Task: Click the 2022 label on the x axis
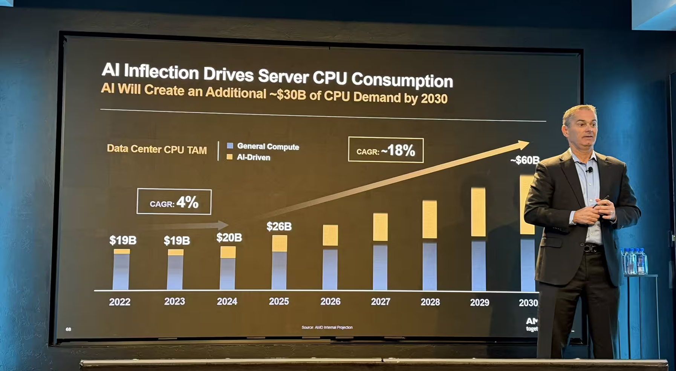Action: (120, 302)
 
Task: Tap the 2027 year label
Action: (381, 302)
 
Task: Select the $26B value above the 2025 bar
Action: (279, 227)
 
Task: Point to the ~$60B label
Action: (525, 160)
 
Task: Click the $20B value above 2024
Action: (229, 238)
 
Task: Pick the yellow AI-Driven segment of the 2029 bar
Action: (478, 212)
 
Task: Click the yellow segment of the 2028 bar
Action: (430, 219)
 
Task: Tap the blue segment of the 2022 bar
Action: (121, 271)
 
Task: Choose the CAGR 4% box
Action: (174, 202)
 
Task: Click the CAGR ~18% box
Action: (386, 150)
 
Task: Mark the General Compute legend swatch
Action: (230, 146)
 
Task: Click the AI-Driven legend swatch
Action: (229, 157)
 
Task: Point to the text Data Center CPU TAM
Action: (157, 149)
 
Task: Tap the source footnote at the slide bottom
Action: (327, 327)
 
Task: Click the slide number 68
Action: (68, 329)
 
